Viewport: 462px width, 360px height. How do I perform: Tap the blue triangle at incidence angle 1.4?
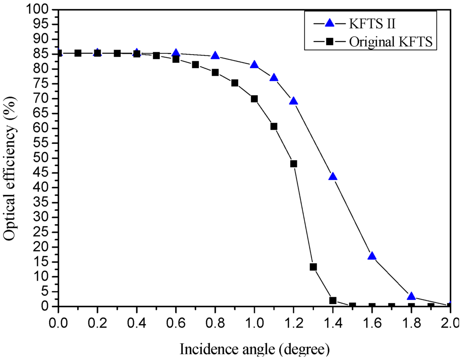point(333,176)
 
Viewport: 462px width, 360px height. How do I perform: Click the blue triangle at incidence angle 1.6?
point(372,256)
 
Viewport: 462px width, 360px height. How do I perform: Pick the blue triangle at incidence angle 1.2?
point(294,101)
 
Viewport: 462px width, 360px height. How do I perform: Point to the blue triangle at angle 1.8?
point(411,296)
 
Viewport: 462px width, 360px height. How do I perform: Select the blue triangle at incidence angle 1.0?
point(254,65)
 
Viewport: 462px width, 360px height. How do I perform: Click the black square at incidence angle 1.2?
point(294,164)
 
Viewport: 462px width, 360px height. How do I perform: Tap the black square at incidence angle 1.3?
point(313,267)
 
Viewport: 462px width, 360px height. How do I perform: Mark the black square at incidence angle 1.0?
point(254,99)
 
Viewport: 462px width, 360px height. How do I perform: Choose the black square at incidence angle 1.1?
point(274,126)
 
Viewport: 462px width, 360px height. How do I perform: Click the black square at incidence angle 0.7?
point(195,65)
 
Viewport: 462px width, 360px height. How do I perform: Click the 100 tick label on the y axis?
point(41,9)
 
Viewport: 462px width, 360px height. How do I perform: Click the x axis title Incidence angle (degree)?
point(254,349)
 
